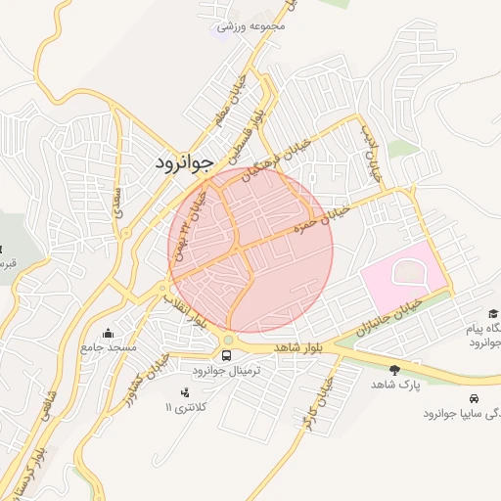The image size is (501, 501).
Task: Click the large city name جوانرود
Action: [x=183, y=162]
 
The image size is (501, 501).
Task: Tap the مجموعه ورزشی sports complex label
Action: [x=251, y=26]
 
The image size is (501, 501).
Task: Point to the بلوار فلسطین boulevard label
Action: [x=248, y=131]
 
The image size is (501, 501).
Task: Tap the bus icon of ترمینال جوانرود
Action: [x=227, y=354]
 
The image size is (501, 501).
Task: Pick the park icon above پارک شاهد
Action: [x=394, y=370]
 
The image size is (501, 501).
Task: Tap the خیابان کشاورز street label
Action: [x=156, y=373]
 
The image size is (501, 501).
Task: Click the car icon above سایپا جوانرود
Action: [x=475, y=398]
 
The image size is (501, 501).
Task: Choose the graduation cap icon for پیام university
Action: [x=492, y=313]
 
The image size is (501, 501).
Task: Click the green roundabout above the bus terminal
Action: [x=227, y=340]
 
